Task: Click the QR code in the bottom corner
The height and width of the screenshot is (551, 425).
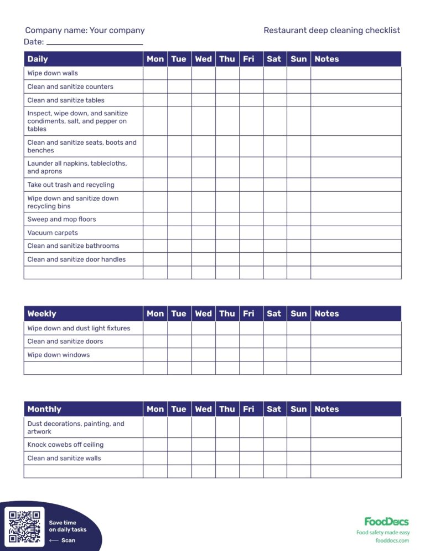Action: [25, 526]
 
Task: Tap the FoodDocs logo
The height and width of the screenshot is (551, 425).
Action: [386, 522]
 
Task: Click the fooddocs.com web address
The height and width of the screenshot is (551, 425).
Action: [392, 540]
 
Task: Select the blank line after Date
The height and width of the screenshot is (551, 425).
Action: [95, 42]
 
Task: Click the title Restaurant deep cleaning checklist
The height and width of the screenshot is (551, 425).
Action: [331, 30]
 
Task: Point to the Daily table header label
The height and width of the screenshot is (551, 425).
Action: [38, 59]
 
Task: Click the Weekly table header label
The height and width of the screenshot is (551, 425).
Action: [42, 314]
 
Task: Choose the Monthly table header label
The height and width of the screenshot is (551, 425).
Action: [44, 409]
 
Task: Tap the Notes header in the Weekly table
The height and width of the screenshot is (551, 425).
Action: [326, 314]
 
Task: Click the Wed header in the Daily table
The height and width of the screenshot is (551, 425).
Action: [203, 59]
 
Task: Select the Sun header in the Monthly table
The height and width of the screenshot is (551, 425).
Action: [298, 409]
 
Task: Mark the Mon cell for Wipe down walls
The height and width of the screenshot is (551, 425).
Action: [155, 73]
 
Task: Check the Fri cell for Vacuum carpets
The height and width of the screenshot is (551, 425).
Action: [251, 233]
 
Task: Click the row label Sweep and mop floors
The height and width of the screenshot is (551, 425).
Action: [61, 219]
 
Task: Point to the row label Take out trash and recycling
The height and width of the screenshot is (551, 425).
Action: [71, 185]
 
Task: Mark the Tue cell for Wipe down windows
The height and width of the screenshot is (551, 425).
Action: [179, 355]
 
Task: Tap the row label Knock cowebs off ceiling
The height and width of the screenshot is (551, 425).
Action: [65, 445]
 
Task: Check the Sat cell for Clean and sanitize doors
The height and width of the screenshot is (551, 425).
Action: [274, 341]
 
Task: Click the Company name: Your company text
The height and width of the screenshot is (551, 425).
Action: [85, 30]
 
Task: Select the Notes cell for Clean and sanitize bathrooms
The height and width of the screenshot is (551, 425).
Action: [355, 246]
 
